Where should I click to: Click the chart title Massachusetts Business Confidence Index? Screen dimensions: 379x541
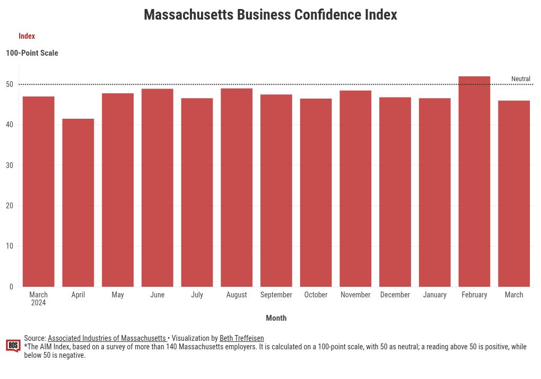(x=270, y=15)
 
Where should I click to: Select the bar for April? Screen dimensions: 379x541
(x=78, y=202)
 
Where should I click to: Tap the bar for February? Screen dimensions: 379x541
(x=474, y=181)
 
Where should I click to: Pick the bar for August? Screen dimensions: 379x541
(x=237, y=187)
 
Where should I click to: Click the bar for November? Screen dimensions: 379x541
(x=355, y=188)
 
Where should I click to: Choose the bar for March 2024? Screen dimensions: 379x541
(x=39, y=191)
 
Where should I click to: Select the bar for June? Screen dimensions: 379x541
(x=158, y=188)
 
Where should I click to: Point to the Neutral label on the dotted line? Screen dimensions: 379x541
(x=520, y=79)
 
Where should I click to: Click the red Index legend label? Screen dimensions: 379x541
(x=27, y=36)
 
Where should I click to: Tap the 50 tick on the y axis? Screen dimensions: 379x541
(x=10, y=84)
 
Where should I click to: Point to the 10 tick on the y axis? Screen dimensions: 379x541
(x=10, y=246)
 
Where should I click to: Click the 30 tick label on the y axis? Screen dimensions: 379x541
(x=10, y=165)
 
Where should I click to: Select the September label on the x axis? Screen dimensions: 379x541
(x=276, y=295)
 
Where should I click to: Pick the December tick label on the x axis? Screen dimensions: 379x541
(x=395, y=295)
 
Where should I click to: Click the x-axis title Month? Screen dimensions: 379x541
(x=276, y=318)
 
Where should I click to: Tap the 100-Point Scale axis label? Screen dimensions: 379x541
(x=32, y=53)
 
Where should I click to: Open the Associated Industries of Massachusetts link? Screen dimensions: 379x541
(x=107, y=338)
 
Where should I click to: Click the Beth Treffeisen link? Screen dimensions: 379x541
(x=241, y=338)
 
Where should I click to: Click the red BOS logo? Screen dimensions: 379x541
(x=13, y=346)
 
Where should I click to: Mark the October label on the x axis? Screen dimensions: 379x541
(x=316, y=295)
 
